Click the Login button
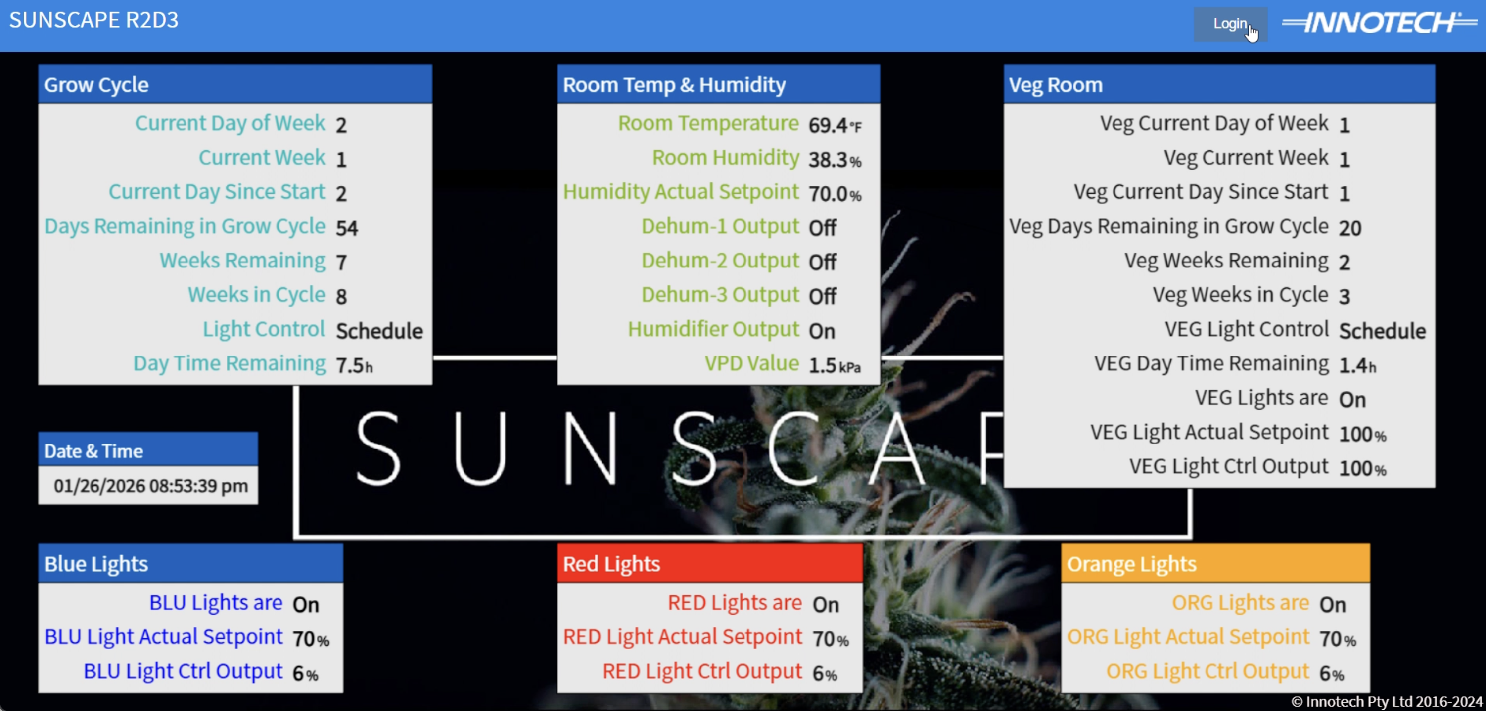coord(1229,24)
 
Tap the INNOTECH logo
coord(1379,23)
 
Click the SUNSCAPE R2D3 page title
coord(94,20)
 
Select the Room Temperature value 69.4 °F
coord(834,125)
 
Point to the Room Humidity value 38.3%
coord(834,159)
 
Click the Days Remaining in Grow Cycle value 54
coord(347,228)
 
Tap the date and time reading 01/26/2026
coord(150,486)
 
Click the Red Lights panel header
coord(710,563)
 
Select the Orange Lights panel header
coord(1215,563)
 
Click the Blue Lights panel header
coord(190,563)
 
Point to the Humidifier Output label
coord(713,329)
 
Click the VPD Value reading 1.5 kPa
coord(834,365)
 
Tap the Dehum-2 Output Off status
coord(822,262)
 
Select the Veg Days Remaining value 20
coord(1350,228)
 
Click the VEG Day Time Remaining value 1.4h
coord(1357,365)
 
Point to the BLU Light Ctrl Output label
coord(183,671)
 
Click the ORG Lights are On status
coord(1332,604)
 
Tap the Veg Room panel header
coord(1219,85)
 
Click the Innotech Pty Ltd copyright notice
coord(1386,701)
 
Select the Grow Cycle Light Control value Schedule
coord(379,331)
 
